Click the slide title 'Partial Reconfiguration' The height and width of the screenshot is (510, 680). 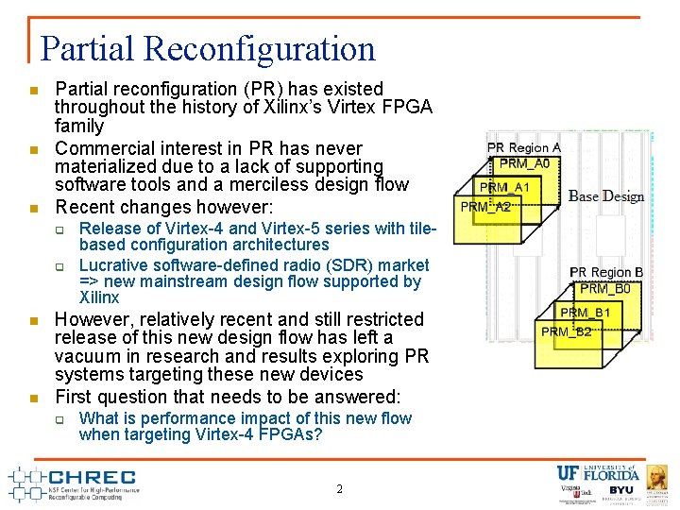coord(208,48)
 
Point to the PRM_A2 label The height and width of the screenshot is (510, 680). coord(485,207)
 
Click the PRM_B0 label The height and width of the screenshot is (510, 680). coord(604,289)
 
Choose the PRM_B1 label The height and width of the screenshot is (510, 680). coord(586,313)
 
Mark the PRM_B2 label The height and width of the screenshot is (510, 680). coord(567,331)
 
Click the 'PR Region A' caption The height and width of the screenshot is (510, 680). coord(523,148)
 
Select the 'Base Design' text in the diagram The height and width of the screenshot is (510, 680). coord(606,196)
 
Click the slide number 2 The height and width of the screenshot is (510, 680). coord(340,489)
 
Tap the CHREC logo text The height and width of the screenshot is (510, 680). coord(92,477)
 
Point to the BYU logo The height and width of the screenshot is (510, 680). coord(621,491)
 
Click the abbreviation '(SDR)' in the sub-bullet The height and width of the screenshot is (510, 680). coord(332,265)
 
